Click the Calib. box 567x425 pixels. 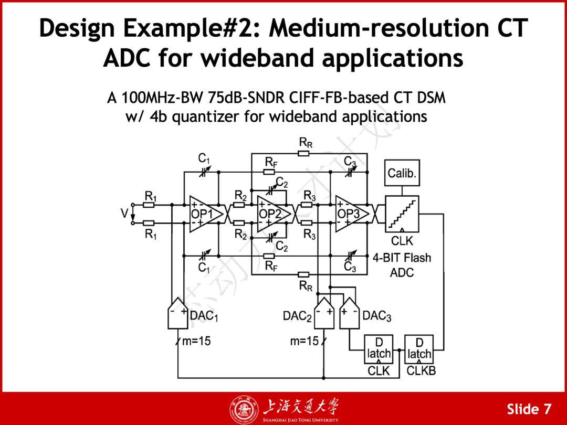pos(403,174)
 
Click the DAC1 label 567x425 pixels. pos(204,316)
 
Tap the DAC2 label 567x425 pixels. pos(297,316)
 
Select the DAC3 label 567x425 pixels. pos(377,316)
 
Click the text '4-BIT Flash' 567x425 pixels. pos(402,258)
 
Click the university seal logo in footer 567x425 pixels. pos(242,409)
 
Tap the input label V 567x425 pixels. pos(124,214)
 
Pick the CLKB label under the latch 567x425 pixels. pos(421,371)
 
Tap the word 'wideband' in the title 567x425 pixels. pos(258,59)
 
